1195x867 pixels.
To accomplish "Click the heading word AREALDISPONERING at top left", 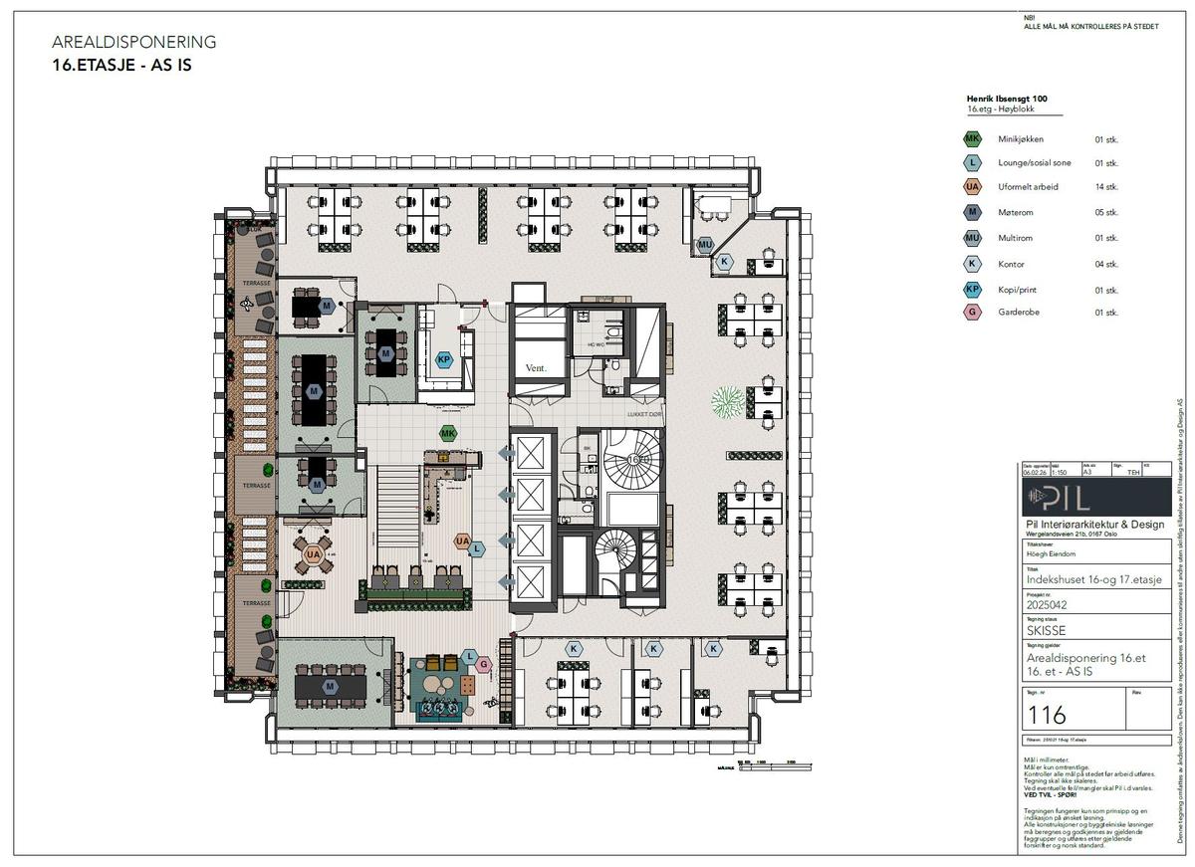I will coord(133,42).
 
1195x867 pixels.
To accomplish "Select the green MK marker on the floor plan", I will coord(448,434).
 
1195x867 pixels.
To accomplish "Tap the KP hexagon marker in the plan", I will coord(444,359).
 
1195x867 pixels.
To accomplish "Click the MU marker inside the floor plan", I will coord(705,244).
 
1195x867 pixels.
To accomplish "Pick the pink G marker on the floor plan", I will coord(484,664).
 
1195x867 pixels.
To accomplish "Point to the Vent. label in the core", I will coord(538,368).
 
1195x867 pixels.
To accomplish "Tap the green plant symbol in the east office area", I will coord(729,402).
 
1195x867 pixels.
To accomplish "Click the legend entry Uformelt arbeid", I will coord(1028,187).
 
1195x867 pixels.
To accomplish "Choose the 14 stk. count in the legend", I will coord(1106,187).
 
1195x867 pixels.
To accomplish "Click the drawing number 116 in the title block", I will coord(1046,714).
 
